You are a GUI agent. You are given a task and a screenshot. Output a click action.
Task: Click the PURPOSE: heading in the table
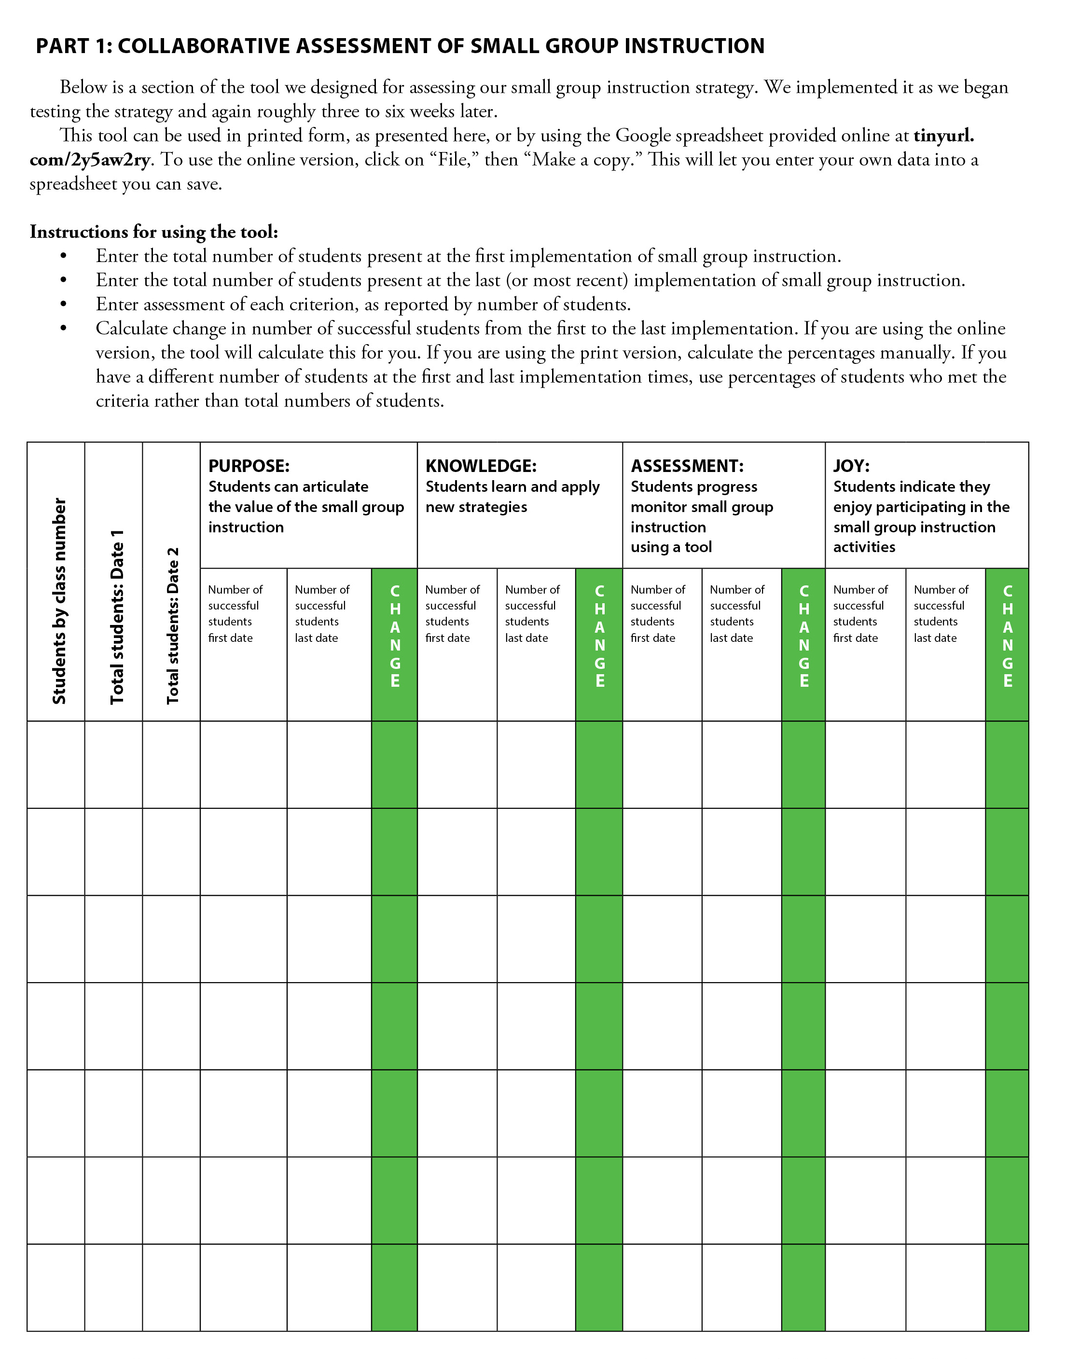click(249, 466)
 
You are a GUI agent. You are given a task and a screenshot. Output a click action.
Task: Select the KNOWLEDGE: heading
click(481, 466)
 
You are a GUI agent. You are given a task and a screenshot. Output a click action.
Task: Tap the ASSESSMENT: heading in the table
click(687, 466)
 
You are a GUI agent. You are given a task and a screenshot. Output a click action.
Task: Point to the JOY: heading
click(851, 466)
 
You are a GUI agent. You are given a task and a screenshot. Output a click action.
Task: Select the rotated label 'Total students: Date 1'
click(117, 617)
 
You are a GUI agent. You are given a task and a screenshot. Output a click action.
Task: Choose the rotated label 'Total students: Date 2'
click(173, 625)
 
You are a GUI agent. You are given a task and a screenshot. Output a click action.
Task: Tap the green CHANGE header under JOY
click(1007, 636)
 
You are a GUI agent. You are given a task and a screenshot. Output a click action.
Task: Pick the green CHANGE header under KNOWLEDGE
click(599, 636)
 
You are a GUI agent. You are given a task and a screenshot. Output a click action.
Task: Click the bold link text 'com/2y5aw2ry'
click(90, 160)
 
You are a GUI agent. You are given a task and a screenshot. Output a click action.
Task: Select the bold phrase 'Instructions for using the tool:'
click(153, 232)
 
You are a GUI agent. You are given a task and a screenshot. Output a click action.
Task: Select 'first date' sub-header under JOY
click(855, 638)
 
